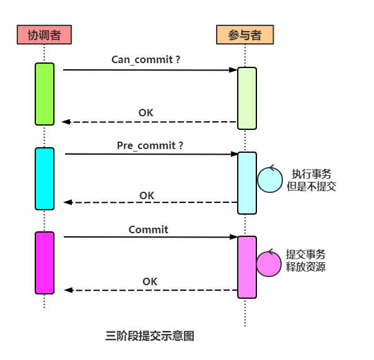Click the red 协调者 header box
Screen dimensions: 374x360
[44, 35]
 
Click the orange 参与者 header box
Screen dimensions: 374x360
[245, 35]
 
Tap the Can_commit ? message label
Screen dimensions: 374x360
[146, 60]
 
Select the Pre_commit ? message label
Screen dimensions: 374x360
[150, 145]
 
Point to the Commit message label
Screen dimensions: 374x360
[148, 229]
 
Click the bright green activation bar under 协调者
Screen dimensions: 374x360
[45, 94]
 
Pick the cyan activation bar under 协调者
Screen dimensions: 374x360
[45, 179]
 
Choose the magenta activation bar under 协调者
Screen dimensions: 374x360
[45, 263]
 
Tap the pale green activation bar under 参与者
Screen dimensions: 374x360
[247, 98]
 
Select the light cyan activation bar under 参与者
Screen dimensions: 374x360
[247, 183]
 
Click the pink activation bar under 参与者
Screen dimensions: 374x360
[247, 267]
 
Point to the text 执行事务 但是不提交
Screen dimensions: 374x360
[311, 180]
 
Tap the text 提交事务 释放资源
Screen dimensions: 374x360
[305, 260]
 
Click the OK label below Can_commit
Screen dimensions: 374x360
[146, 113]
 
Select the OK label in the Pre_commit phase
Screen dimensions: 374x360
[147, 195]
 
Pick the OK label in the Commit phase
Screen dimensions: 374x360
[150, 281]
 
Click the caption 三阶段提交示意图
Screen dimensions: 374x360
[150, 336]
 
